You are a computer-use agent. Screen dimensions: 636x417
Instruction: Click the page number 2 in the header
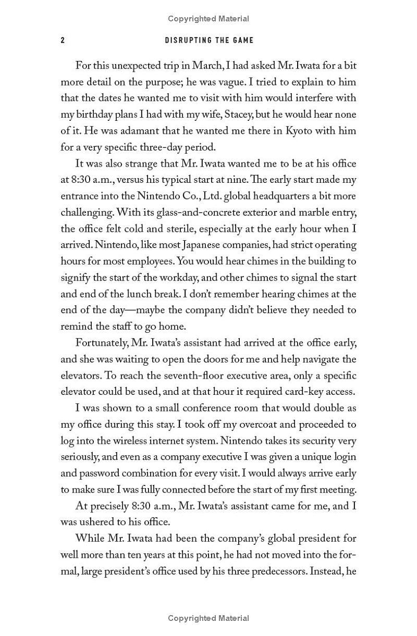click(63, 40)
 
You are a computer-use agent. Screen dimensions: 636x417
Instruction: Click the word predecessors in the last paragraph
click(279, 571)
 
